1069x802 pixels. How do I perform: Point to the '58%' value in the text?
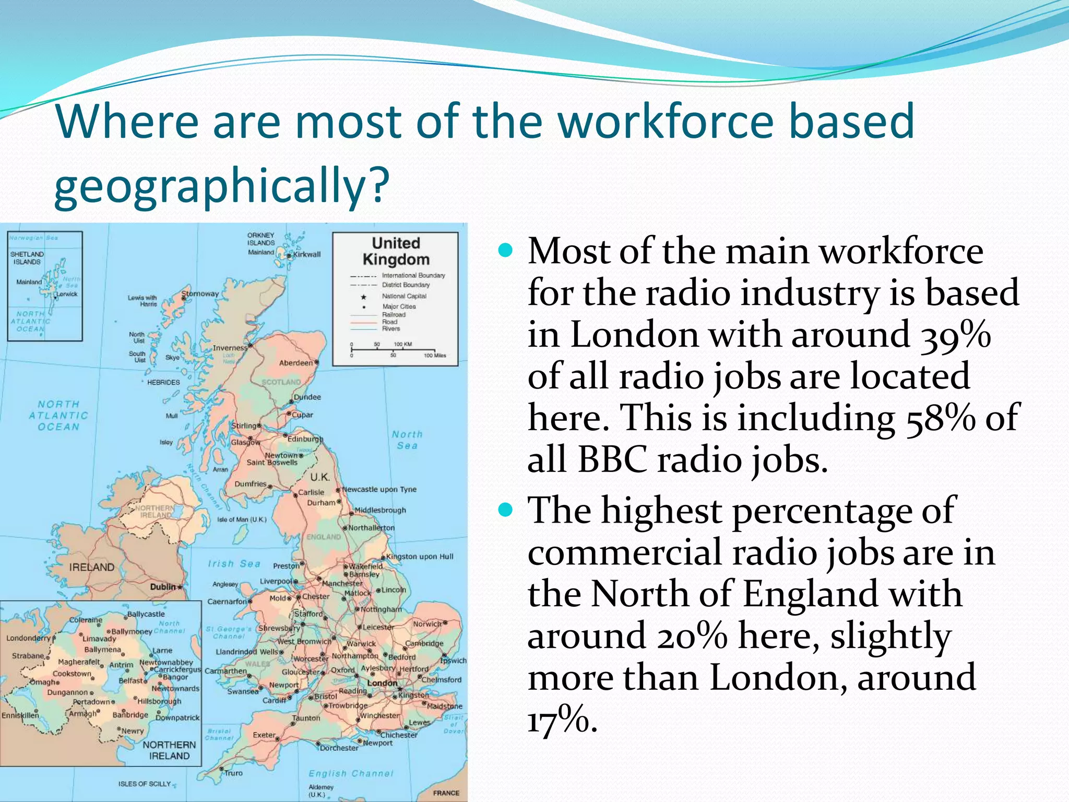pos(940,418)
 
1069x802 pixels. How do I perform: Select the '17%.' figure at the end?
pos(562,720)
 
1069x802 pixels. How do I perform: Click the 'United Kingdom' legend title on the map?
pos(396,251)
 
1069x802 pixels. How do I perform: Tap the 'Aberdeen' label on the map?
pos(296,363)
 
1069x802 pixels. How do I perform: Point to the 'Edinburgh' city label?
pos(305,439)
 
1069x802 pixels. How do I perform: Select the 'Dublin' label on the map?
pos(163,587)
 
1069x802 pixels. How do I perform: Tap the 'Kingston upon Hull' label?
pos(420,557)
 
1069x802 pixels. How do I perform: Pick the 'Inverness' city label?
pos(230,348)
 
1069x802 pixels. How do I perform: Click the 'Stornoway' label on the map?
pos(200,294)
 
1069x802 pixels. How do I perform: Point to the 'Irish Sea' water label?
pos(234,564)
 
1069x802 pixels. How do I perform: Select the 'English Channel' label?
pos(351,773)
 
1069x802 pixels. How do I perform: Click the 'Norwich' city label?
pos(427,624)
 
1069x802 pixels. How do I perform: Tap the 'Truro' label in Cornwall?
pos(233,773)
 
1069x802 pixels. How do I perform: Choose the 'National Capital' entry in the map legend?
pos(404,296)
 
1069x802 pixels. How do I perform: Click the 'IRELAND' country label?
pos(92,567)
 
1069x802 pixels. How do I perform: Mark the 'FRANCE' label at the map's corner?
pos(446,793)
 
